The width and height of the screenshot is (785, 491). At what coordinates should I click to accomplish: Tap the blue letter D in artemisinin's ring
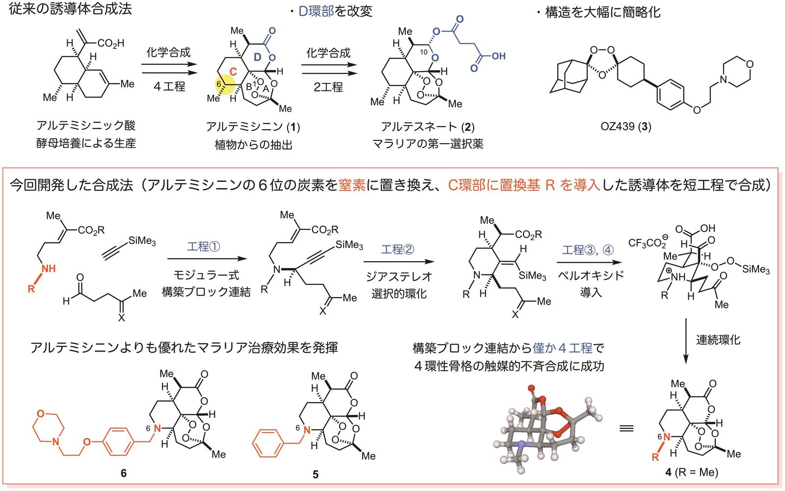(258, 57)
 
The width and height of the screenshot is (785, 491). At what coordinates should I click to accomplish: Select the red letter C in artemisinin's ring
(233, 72)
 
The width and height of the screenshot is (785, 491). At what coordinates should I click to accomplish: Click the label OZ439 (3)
(626, 126)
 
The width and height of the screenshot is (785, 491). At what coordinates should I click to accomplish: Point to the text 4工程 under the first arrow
(169, 86)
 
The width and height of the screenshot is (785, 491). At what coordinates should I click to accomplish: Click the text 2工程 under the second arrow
(328, 86)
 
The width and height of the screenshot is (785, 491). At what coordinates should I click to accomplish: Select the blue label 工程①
(204, 246)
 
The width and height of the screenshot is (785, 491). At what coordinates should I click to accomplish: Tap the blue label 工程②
(398, 249)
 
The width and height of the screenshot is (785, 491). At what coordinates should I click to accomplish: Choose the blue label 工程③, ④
(588, 250)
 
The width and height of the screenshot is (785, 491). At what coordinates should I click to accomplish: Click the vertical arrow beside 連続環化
(686, 341)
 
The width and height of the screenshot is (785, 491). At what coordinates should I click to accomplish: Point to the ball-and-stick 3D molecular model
(547, 430)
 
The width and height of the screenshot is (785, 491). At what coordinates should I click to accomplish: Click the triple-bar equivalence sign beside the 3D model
(626, 428)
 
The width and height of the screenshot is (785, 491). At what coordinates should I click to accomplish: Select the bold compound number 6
(123, 473)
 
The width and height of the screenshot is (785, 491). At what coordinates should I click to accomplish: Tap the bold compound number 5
(315, 474)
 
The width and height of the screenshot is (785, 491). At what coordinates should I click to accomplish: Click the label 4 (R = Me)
(691, 472)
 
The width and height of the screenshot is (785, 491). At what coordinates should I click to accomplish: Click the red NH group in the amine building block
(49, 269)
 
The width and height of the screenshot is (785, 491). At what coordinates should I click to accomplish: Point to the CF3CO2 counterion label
(648, 242)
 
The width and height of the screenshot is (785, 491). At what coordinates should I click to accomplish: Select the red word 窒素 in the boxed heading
(352, 185)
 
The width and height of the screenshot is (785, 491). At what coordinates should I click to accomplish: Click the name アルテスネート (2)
(427, 127)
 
